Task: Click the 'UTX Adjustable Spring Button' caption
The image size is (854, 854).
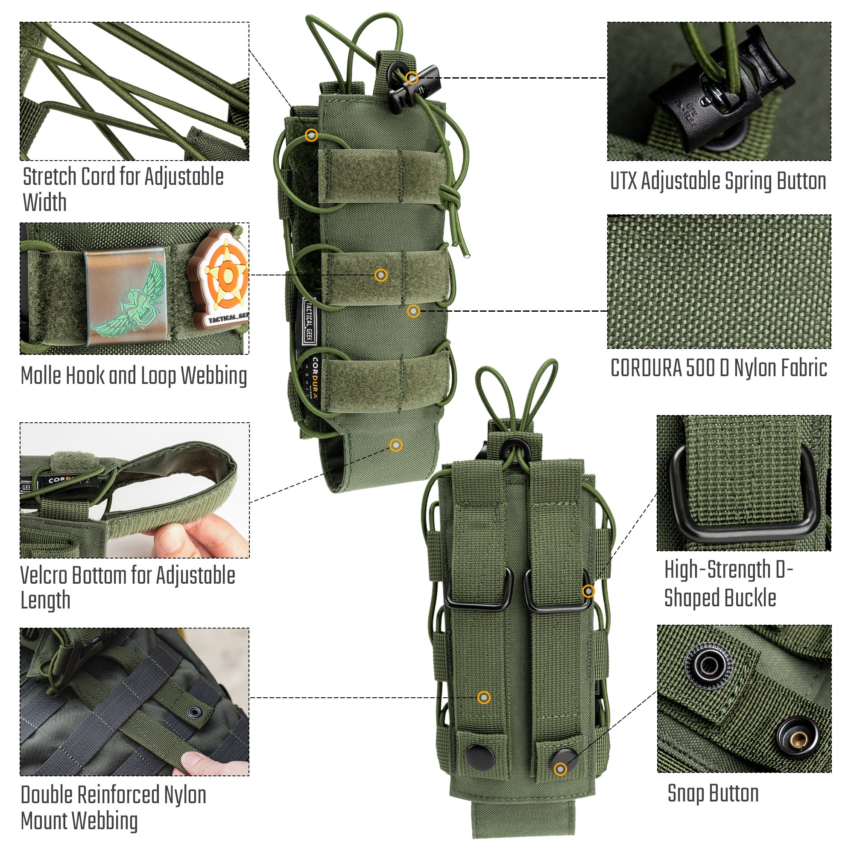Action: (718, 181)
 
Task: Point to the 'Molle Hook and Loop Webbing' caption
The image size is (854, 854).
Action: (134, 376)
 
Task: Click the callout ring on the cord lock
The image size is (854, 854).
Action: (412, 78)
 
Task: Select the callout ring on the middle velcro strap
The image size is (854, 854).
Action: (381, 275)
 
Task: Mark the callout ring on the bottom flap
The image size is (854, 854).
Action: (396, 445)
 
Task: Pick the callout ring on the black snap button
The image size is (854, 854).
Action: (561, 769)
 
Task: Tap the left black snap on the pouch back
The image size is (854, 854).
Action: (478, 756)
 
